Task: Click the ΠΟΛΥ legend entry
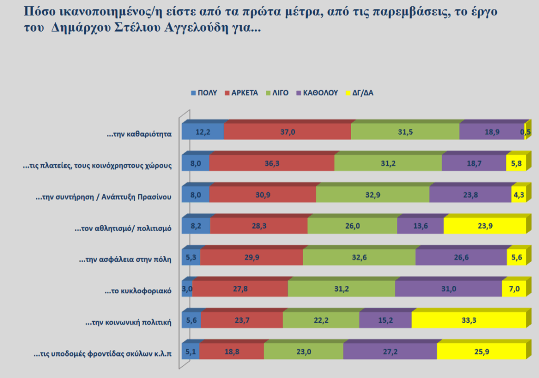(x=204, y=93)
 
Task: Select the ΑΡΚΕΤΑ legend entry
(x=241, y=93)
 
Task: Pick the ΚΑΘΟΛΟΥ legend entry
(x=317, y=93)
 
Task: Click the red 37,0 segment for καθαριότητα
(x=287, y=132)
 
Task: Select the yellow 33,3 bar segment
(x=468, y=320)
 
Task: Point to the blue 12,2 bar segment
(x=203, y=132)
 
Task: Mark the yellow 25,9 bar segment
(x=481, y=351)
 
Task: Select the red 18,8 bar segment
(x=232, y=351)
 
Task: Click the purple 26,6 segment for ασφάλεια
(x=461, y=257)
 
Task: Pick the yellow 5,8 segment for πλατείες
(x=515, y=163)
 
